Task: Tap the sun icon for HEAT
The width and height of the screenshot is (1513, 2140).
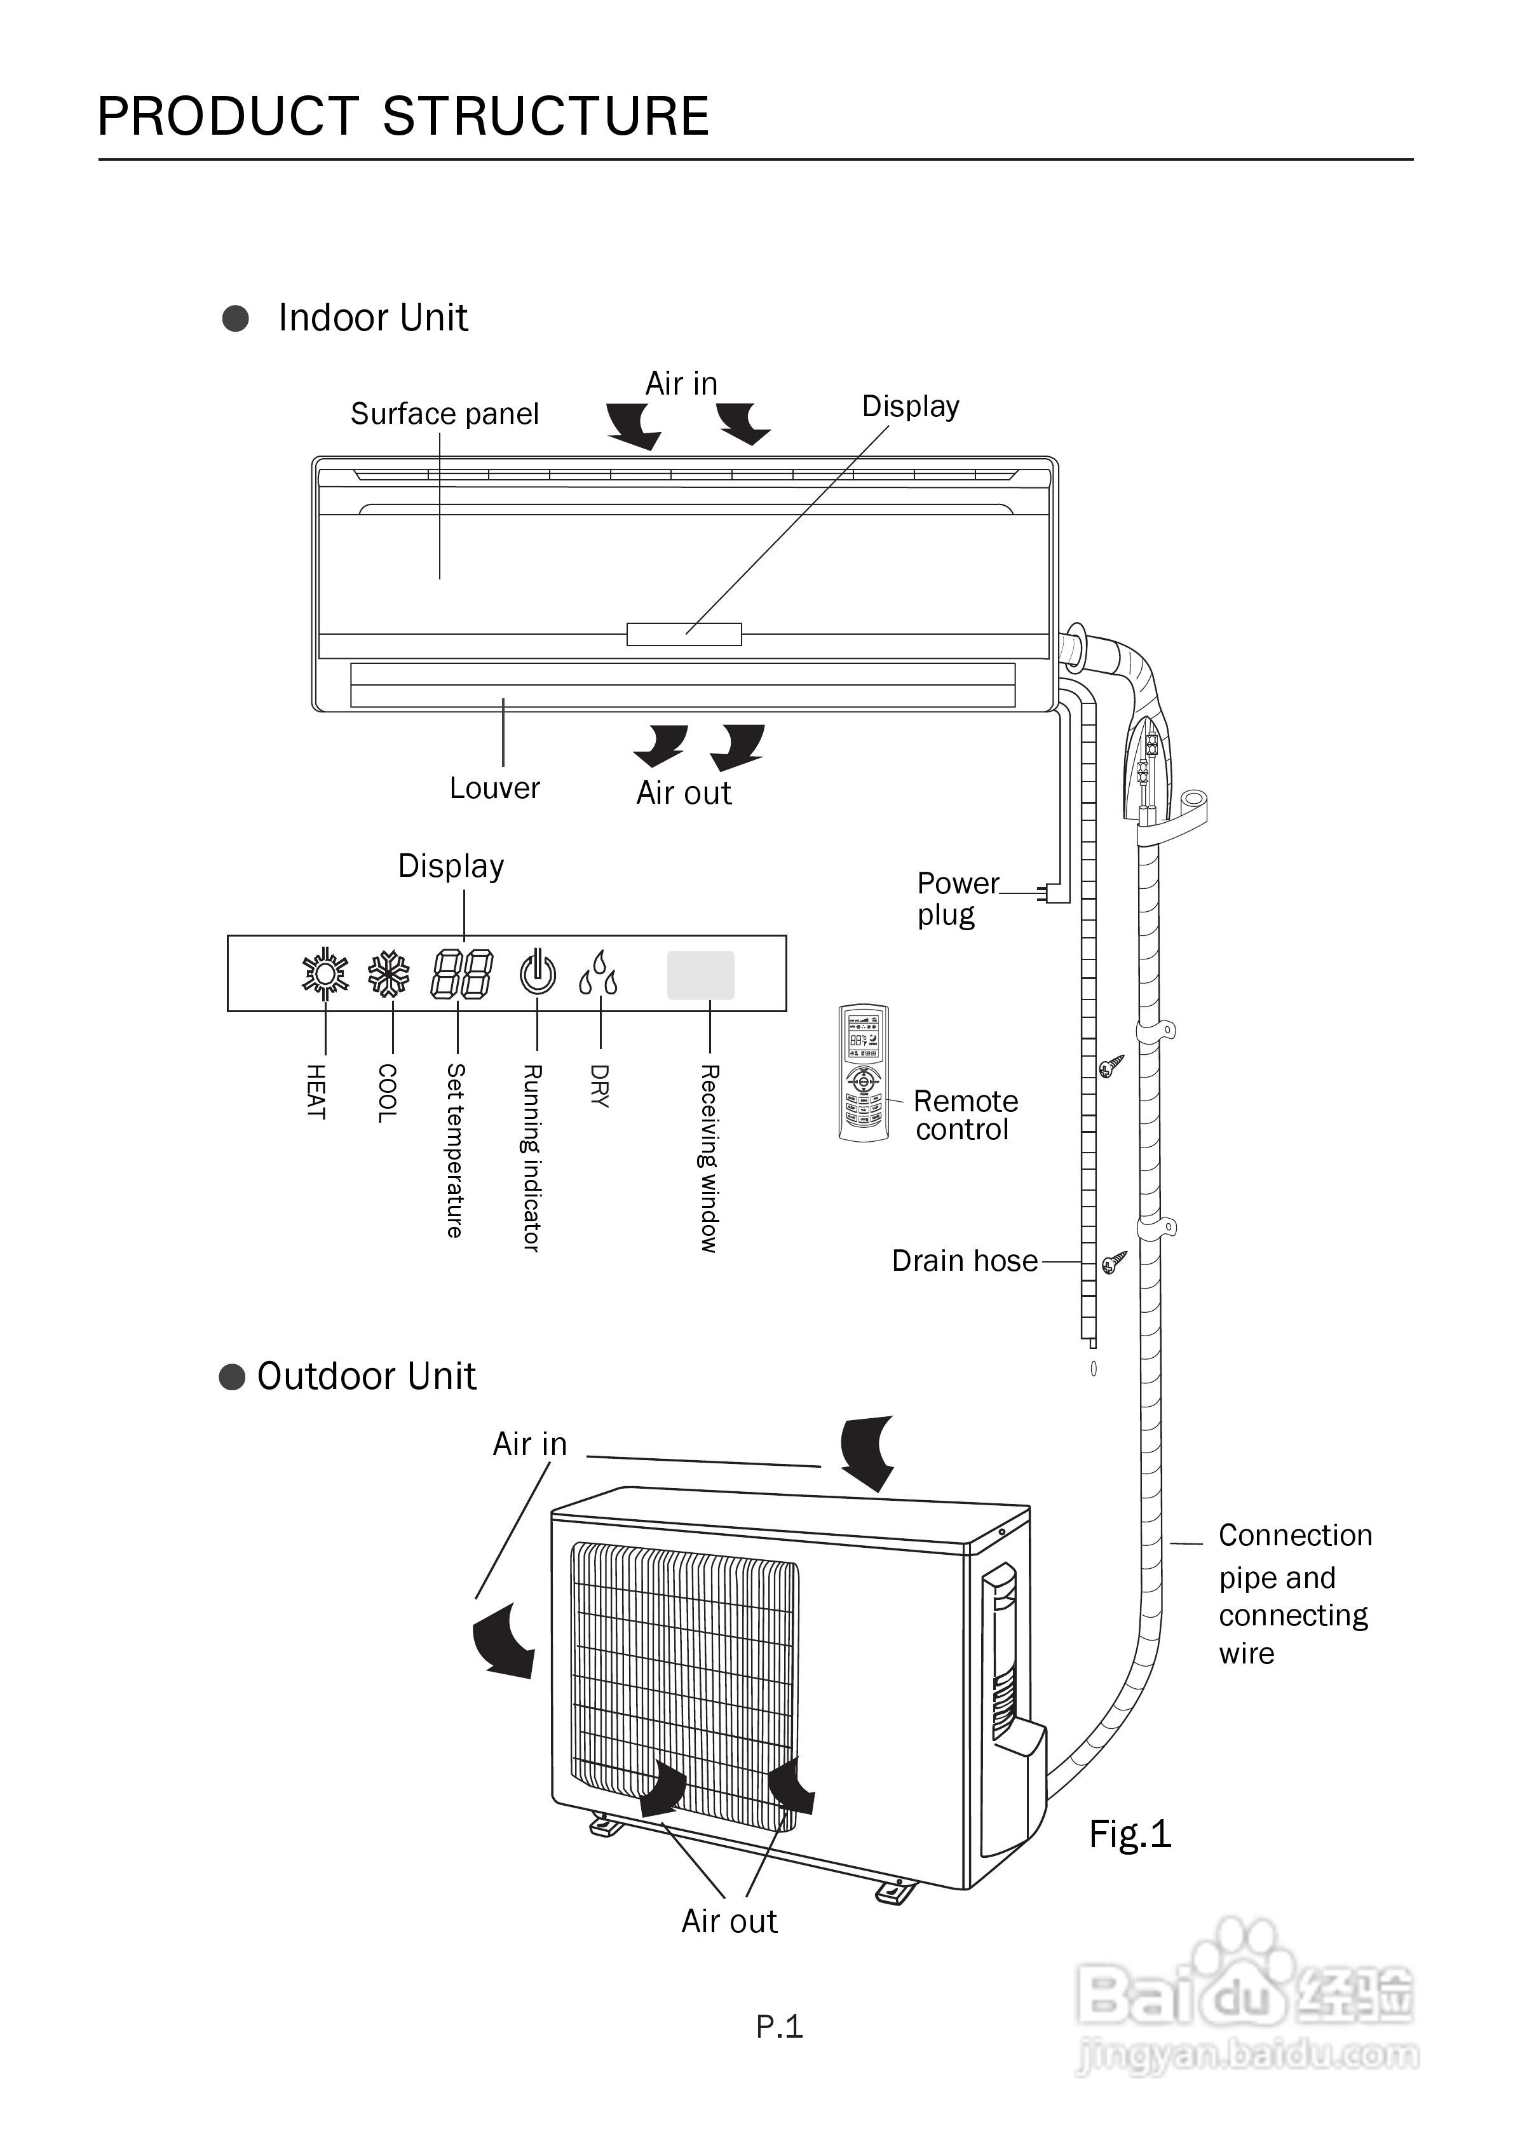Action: [325, 974]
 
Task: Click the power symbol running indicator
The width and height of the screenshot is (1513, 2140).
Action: [538, 972]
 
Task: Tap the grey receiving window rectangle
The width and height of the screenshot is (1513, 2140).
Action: [700, 975]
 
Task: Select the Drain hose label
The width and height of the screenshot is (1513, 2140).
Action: [964, 1261]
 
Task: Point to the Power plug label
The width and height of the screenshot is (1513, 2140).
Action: [956, 898]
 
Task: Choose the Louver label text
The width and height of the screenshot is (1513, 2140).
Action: [494, 789]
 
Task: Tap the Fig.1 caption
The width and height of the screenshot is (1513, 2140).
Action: [1129, 1834]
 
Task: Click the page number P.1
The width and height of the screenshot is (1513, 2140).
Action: [779, 2026]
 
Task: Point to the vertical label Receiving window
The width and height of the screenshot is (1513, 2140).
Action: [709, 1158]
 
